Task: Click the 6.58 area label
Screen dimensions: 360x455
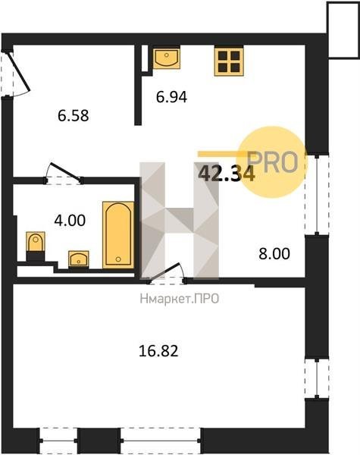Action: (73, 115)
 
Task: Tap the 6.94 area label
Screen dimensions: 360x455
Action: (171, 97)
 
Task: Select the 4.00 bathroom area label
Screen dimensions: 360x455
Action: (70, 220)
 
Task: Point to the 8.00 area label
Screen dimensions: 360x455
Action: (274, 253)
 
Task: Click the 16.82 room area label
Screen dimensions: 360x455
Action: (158, 351)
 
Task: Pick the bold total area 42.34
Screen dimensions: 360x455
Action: (227, 174)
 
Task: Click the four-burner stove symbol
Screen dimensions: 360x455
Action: (229, 61)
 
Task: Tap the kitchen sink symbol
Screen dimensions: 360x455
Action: (167, 58)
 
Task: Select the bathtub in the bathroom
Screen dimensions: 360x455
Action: (118, 235)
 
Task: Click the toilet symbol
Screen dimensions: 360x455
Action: (36, 245)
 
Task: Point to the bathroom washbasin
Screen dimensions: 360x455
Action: (79, 259)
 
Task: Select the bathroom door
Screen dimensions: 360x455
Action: (64, 174)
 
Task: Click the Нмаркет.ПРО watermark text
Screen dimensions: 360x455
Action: (180, 299)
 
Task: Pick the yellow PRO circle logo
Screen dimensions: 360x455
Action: (271, 162)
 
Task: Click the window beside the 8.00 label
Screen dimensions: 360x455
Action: (317, 195)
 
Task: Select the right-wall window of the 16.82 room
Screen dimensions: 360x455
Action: (317, 378)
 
